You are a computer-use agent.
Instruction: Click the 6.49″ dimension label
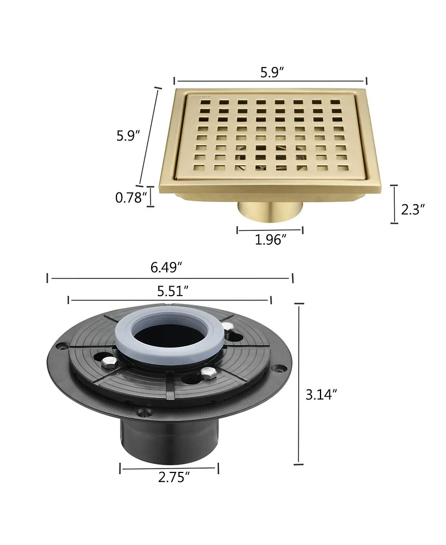pyautogui.click(x=166, y=267)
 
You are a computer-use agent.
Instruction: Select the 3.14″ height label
pyautogui.click(x=321, y=394)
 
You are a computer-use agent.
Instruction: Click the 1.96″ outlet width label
pyautogui.click(x=270, y=239)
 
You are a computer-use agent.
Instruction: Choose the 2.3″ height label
pyautogui.click(x=413, y=209)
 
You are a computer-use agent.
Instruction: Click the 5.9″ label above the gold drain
pyautogui.click(x=272, y=72)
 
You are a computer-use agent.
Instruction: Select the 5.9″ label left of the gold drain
pyautogui.click(x=128, y=135)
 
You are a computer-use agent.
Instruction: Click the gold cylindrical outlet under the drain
pyautogui.click(x=270, y=211)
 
